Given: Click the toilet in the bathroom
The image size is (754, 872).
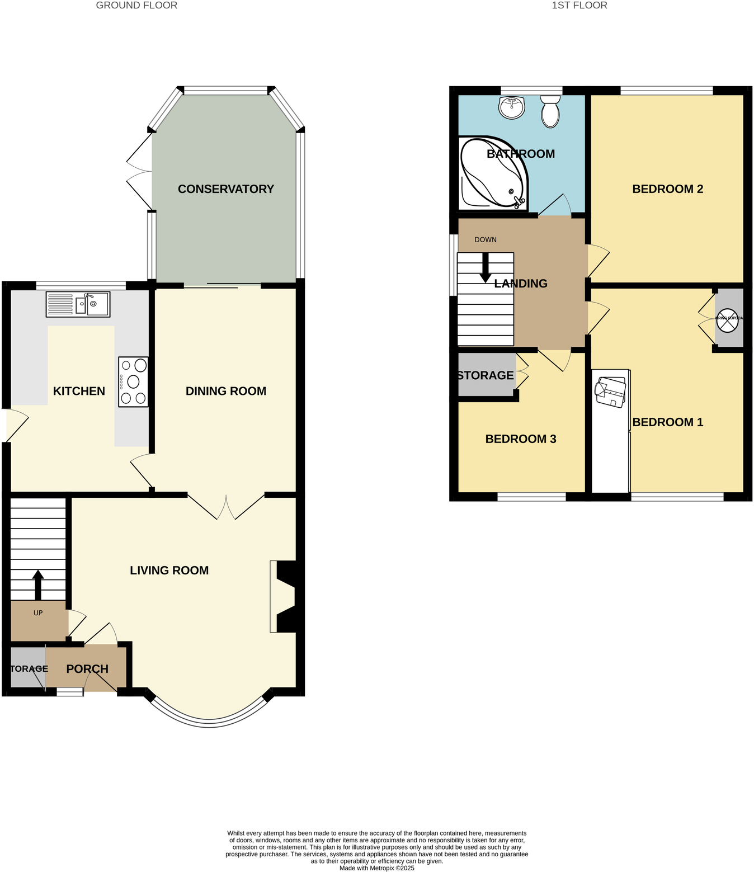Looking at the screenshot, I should (550, 111).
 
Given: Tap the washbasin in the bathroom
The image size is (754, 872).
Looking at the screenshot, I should (511, 107).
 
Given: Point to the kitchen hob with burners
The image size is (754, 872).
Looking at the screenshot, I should (134, 381).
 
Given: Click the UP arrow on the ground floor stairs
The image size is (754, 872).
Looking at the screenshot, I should (38, 585).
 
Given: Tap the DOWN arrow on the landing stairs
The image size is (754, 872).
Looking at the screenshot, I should (485, 267).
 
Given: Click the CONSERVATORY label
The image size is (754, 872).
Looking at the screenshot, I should (225, 189).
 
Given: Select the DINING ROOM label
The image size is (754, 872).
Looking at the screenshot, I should (225, 391).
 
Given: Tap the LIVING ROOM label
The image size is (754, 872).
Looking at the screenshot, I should (169, 571).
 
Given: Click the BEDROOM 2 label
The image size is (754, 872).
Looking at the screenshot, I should (667, 189).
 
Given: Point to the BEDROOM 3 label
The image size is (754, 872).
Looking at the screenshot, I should (520, 439).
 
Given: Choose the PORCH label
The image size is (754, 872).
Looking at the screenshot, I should (87, 669).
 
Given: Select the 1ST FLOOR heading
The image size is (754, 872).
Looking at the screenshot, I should (579, 6).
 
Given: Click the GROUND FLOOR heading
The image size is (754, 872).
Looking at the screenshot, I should (136, 6).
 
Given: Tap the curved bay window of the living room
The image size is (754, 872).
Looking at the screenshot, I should (209, 722).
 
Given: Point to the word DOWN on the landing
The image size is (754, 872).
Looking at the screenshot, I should (486, 239).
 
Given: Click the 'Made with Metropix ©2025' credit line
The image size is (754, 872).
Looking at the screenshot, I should (376, 868).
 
